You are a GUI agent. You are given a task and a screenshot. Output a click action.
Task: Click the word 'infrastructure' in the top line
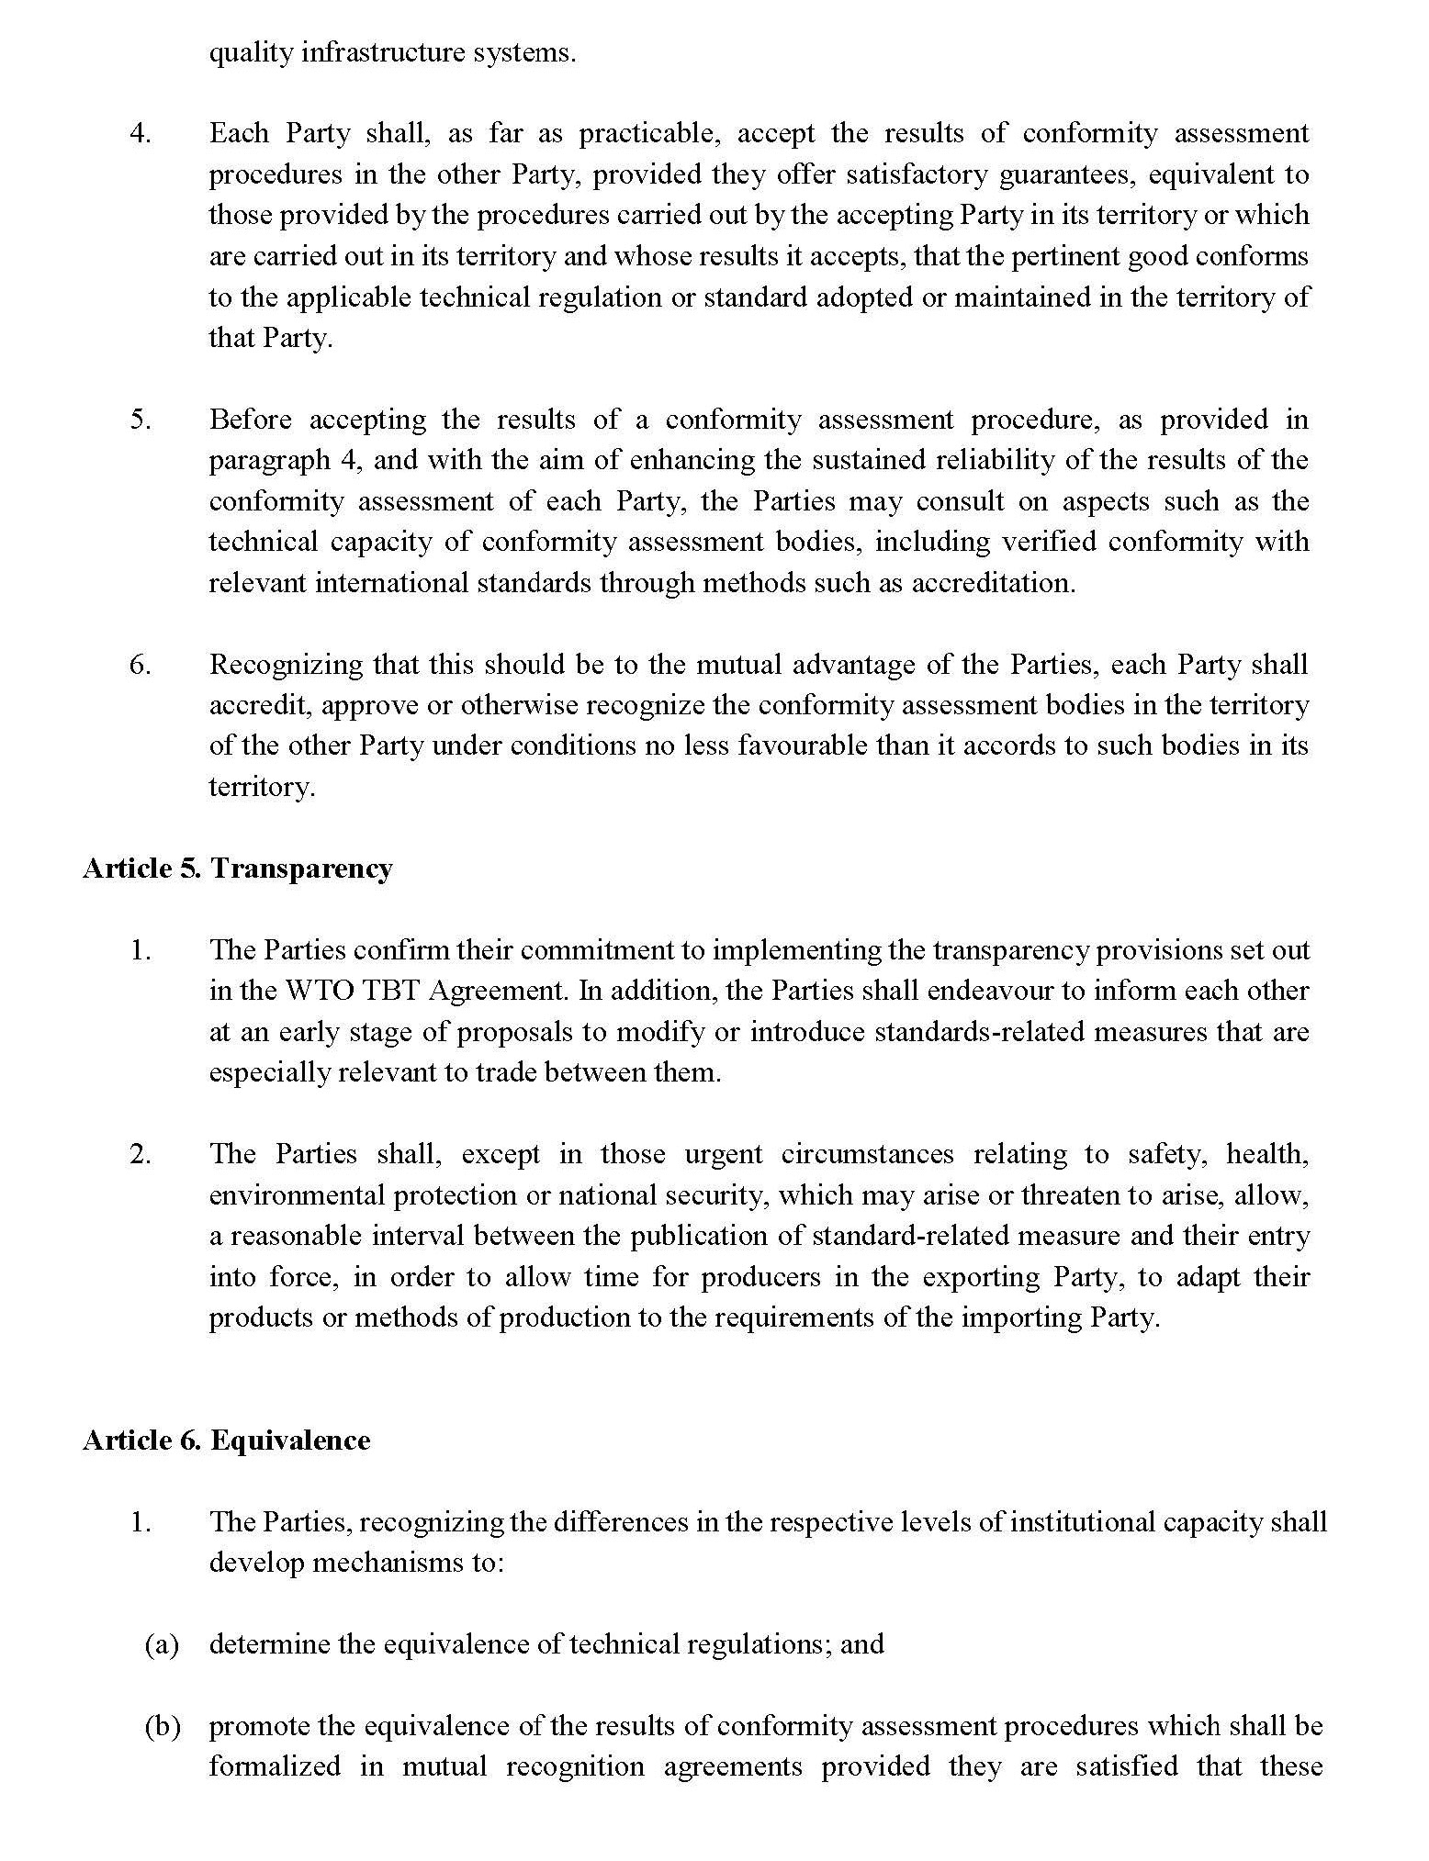point(354,52)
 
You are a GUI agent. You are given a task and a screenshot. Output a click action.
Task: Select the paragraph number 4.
point(140,134)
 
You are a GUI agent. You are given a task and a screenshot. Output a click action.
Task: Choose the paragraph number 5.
point(140,420)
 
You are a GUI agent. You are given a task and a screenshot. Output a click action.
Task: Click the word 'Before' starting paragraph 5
point(250,420)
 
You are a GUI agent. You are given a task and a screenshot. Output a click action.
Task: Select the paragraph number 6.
point(140,665)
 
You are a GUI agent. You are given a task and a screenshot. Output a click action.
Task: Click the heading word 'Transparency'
point(301,869)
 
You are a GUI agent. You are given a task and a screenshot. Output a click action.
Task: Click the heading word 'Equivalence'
point(290,1441)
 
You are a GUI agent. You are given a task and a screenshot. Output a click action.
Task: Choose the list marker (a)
point(162,1644)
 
